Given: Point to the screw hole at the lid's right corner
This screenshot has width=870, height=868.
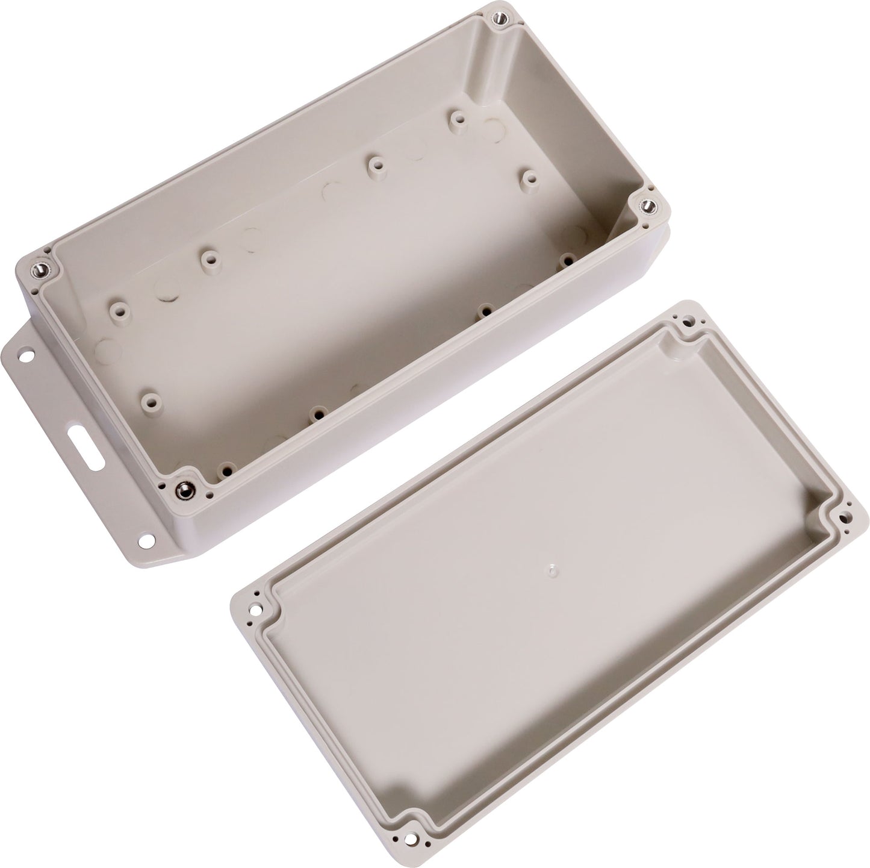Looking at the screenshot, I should point(846,516).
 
